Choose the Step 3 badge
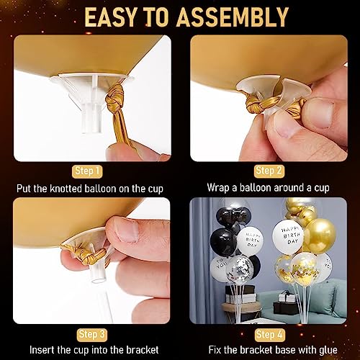[92, 335]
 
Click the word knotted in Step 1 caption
[78, 189]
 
